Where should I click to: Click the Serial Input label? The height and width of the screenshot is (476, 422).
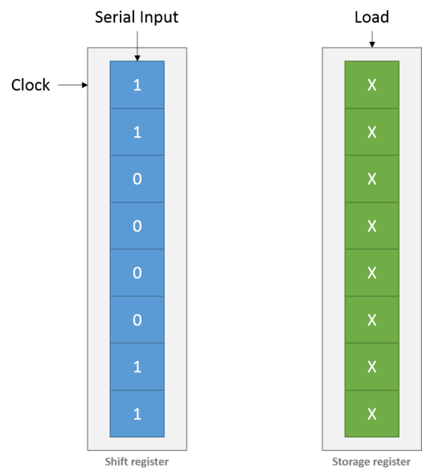pyautogui.click(x=137, y=17)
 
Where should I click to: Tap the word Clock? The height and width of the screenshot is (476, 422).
pyautogui.click(x=31, y=84)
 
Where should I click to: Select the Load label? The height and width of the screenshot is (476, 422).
pyautogui.click(x=371, y=17)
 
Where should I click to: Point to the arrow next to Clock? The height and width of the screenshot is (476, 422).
pyautogui.click(x=73, y=84)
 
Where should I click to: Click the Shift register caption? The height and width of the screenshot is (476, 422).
pyautogui.click(x=137, y=462)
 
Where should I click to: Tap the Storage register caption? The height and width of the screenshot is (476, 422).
pyautogui.click(x=371, y=462)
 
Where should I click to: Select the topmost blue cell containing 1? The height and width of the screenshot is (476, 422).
pyautogui.click(x=137, y=85)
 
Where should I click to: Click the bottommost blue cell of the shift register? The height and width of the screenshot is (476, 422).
pyautogui.click(x=137, y=414)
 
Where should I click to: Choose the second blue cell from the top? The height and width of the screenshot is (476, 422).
pyautogui.click(x=137, y=131)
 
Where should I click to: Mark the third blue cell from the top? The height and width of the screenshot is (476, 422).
pyautogui.click(x=137, y=179)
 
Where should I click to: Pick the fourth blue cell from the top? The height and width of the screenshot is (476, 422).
pyautogui.click(x=137, y=226)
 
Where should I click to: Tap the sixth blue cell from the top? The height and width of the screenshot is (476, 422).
pyautogui.click(x=137, y=320)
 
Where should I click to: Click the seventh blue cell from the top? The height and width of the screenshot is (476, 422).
pyautogui.click(x=137, y=366)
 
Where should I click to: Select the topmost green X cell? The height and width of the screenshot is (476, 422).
pyautogui.click(x=371, y=85)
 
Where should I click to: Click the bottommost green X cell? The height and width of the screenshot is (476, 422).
pyautogui.click(x=371, y=414)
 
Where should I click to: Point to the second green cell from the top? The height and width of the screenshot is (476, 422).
pyautogui.click(x=371, y=131)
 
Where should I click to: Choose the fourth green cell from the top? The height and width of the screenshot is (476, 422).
pyautogui.click(x=371, y=226)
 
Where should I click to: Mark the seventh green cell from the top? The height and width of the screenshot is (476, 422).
pyautogui.click(x=371, y=366)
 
